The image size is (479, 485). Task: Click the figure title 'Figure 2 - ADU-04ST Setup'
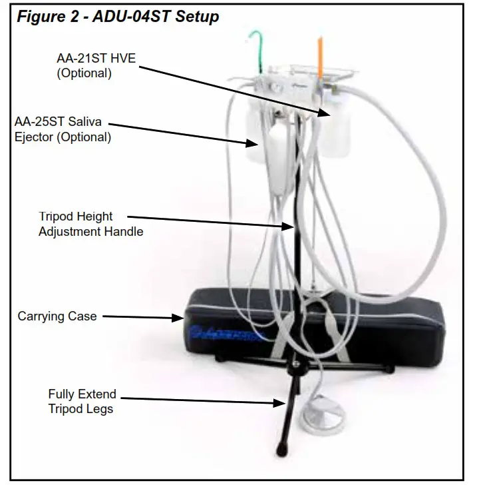point(117,17)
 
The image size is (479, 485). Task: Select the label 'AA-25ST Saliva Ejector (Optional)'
point(63,130)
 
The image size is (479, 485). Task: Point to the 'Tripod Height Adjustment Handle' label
point(90,224)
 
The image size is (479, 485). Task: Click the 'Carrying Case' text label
point(57,316)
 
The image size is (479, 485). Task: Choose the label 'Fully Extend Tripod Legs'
point(82,401)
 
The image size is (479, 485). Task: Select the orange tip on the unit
point(320,51)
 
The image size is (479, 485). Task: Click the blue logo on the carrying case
point(226,331)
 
